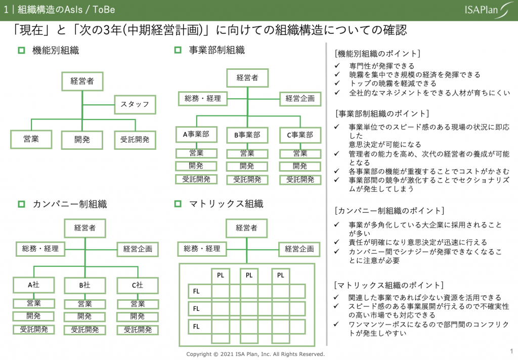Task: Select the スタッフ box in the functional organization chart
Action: [x=135, y=104]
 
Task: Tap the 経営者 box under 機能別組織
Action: [x=82, y=81]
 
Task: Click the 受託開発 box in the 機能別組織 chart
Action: [x=135, y=139]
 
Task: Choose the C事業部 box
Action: [x=300, y=135]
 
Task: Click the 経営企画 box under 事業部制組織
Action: [x=300, y=98]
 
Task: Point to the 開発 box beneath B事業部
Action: [x=247, y=166]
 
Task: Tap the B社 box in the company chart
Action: [x=85, y=286]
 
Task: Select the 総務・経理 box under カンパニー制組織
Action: [x=40, y=249]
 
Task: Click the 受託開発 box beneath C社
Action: [x=137, y=330]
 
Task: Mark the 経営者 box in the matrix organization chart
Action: [x=247, y=228]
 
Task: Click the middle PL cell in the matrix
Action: [x=249, y=275]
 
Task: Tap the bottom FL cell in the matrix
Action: [x=197, y=327]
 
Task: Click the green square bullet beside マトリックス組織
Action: [x=178, y=204]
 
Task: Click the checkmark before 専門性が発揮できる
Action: [x=337, y=66]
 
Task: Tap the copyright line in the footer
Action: [x=255, y=354]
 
